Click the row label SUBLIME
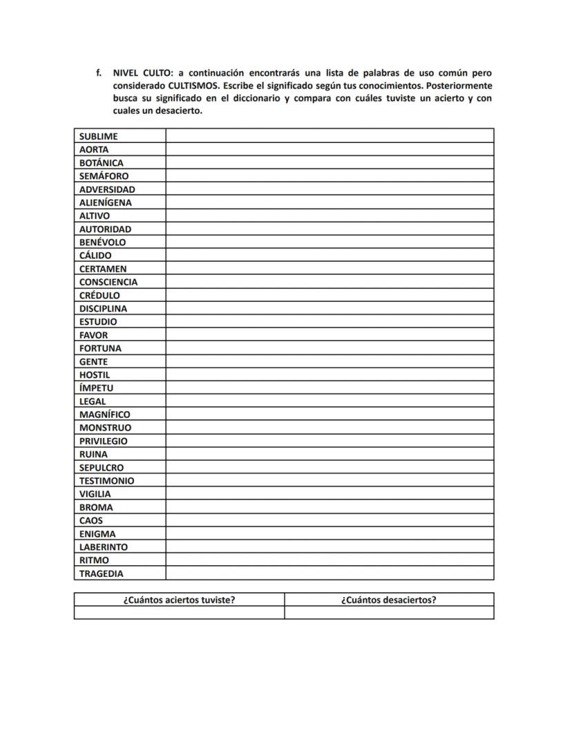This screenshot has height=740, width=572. [x=98, y=136]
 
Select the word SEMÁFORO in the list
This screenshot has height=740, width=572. [x=104, y=176]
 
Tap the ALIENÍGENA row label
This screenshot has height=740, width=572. [x=105, y=202]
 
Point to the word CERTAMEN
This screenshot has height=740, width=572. [x=103, y=269]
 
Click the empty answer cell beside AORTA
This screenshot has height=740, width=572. [x=330, y=149]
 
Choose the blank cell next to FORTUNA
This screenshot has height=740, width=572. [x=330, y=348]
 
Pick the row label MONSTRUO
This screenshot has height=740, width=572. [x=105, y=428]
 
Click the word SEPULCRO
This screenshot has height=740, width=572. [x=102, y=468]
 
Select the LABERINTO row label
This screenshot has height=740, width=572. [x=104, y=547]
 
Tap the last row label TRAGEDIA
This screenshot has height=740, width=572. [x=102, y=573]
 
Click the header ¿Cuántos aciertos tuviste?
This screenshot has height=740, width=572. [x=179, y=600]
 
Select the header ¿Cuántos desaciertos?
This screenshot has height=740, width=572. [x=389, y=600]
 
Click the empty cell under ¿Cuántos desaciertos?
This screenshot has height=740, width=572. [x=389, y=613]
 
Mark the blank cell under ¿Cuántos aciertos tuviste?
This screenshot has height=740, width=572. [x=179, y=613]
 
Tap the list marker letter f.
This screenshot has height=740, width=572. [x=99, y=73]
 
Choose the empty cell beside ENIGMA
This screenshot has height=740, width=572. [x=330, y=534]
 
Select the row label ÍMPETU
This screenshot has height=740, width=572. [x=96, y=388]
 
